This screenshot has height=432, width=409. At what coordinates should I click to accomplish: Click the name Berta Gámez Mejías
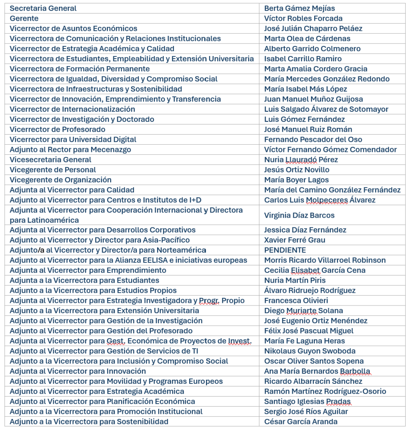(299, 8)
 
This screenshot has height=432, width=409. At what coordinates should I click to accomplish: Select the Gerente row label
(24, 19)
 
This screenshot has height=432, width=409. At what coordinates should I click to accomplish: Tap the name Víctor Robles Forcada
(303, 19)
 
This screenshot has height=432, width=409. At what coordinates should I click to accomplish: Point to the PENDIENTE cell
(285, 250)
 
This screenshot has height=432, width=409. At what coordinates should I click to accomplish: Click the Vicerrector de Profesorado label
(57, 130)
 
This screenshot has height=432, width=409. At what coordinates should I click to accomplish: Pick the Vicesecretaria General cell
(51, 160)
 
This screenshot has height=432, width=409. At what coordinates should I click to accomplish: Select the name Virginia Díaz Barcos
(299, 216)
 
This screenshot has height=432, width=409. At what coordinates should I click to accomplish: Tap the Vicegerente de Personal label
(53, 170)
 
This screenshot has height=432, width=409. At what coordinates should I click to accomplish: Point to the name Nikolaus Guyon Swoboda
(310, 351)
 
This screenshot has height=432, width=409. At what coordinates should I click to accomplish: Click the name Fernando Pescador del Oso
(313, 140)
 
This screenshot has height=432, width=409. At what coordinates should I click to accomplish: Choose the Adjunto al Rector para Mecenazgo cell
(70, 150)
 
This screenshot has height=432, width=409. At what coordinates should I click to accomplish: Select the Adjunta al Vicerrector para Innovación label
(78, 371)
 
